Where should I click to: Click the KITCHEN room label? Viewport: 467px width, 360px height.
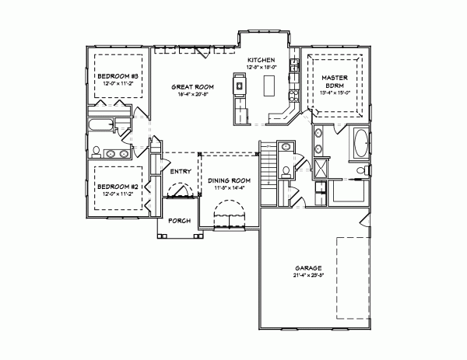point(262,60)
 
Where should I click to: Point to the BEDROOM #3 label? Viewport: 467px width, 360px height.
point(117,75)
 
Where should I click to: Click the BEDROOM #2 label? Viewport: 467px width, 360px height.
point(117,187)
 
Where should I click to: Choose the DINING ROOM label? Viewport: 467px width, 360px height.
point(227,180)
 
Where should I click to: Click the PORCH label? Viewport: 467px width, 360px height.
point(180,220)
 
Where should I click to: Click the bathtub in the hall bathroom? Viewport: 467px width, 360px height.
point(100,125)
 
